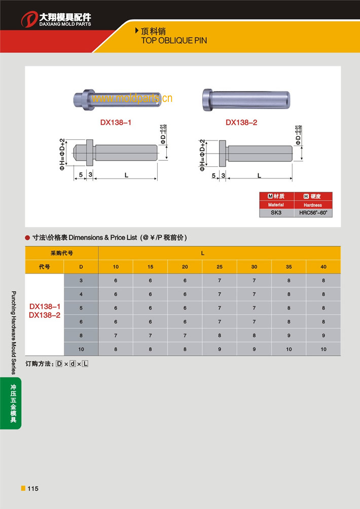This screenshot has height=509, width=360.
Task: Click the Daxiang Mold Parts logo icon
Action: click(29, 19)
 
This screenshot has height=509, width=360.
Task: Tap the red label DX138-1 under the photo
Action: click(116, 122)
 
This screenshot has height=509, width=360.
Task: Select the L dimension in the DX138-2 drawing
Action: click(259, 175)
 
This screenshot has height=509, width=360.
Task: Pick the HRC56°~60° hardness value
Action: click(313, 213)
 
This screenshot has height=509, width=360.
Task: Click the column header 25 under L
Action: click(220, 267)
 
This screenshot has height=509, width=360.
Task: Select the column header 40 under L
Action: click(323, 267)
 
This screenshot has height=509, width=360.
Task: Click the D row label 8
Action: click(81, 336)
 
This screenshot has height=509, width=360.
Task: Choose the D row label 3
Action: click(81, 280)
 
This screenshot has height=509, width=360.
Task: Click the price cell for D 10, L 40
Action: click(323, 349)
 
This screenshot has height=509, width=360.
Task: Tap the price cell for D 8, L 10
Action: click(116, 336)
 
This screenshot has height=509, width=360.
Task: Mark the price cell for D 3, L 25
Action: click(220, 280)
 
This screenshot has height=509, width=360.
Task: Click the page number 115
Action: click(32, 489)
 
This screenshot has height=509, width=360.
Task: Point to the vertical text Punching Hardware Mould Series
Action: click(14, 332)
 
